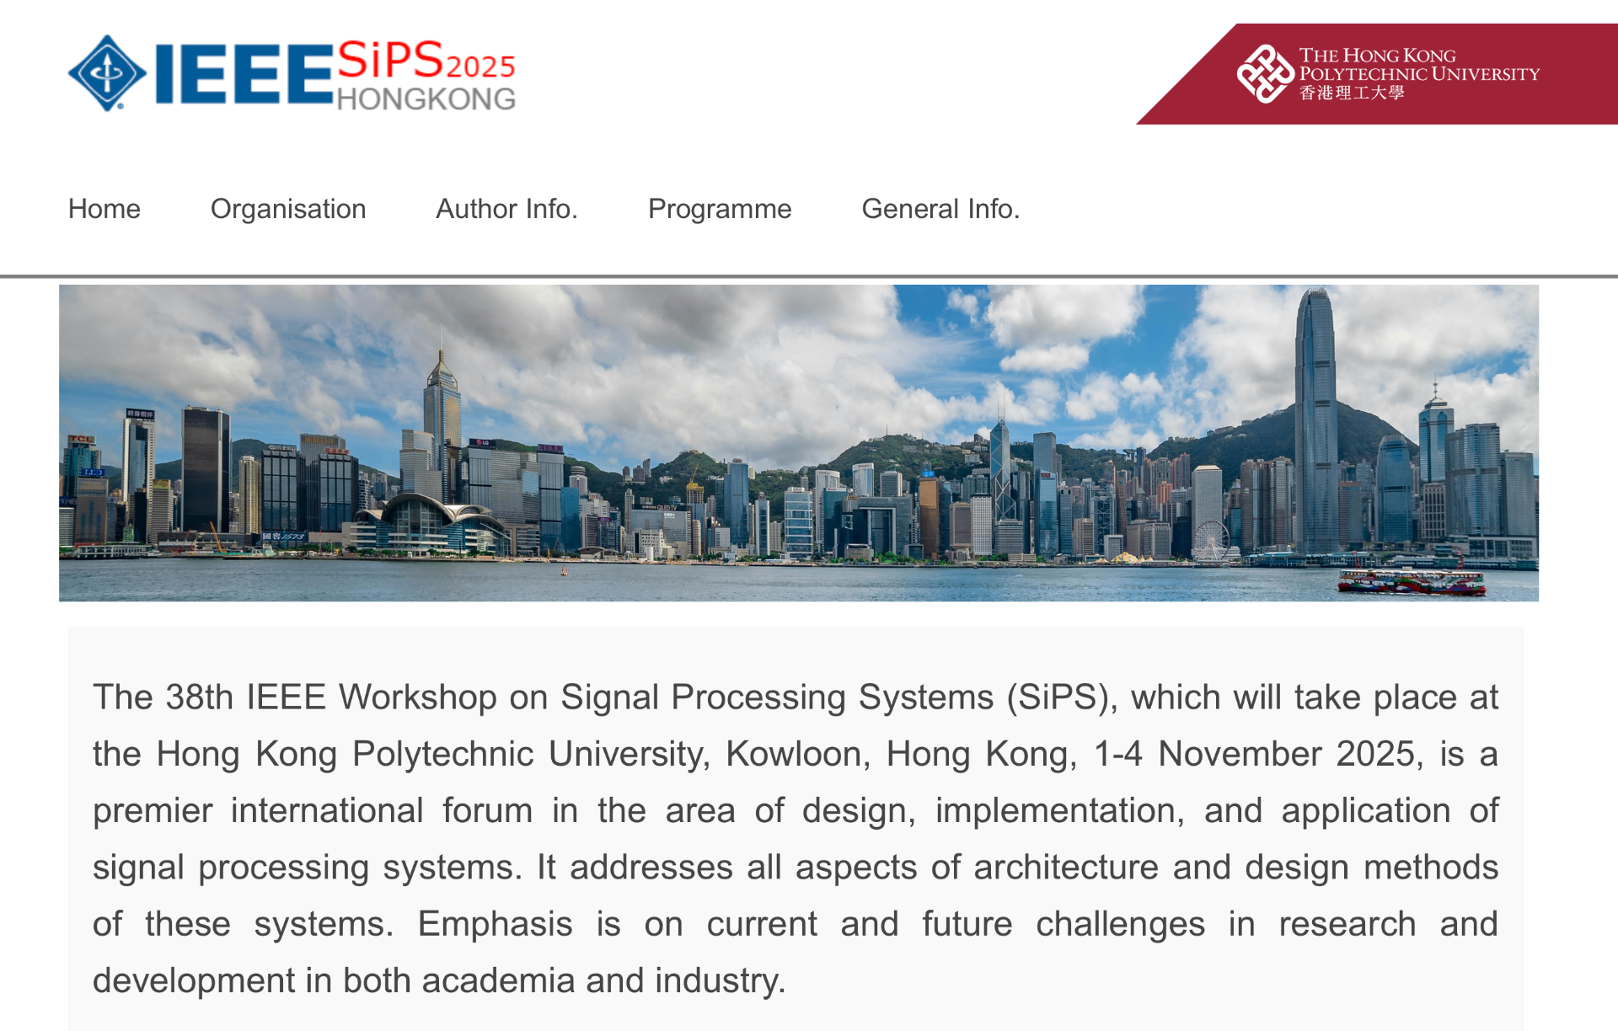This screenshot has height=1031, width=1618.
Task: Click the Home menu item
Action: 104,209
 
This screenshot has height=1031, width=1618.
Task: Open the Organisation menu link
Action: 288,209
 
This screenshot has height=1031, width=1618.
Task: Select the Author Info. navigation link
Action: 506,209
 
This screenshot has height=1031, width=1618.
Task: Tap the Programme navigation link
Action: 720,209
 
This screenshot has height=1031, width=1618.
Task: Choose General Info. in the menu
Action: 940,209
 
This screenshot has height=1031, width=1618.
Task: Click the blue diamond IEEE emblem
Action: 107,73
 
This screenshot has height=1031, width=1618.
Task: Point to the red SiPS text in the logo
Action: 390,60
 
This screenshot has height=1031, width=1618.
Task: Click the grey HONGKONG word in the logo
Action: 426,99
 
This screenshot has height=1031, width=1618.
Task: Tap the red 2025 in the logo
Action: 480,67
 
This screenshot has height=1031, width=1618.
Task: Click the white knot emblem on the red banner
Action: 1265,74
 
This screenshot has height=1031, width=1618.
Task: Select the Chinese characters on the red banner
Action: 1352,93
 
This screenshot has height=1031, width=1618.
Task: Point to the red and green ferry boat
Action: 1412,582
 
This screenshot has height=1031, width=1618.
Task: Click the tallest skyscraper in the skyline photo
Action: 1315,421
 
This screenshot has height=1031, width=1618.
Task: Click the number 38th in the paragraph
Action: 199,697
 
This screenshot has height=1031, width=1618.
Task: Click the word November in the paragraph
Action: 1240,754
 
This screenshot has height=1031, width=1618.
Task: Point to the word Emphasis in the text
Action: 495,924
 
